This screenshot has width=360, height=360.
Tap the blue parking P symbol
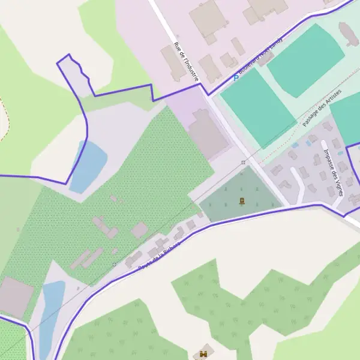point(236,78)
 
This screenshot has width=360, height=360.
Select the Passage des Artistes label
point(322,108)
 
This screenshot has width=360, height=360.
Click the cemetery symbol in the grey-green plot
point(241,200)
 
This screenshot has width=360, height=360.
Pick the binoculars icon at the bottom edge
point(203,354)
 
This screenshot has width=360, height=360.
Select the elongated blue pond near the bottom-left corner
point(51,312)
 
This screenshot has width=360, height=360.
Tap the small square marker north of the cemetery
point(243,162)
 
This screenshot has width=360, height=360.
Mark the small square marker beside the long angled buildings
point(114,263)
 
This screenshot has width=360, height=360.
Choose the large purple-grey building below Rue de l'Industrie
point(208,134)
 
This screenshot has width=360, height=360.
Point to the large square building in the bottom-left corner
point(16,298)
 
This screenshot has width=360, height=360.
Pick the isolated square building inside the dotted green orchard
point(139,229)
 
